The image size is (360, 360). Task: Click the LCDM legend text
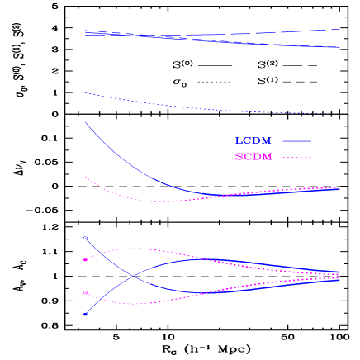pos(253,141)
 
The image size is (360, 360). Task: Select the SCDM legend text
pos(253,157)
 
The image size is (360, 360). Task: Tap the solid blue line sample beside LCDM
pos(296,141)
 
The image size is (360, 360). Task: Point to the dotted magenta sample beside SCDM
pos(296,157)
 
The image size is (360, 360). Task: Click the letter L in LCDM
pos(239,141)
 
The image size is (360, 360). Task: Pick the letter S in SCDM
pos(239,157)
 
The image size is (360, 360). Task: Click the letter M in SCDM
pos(267,157)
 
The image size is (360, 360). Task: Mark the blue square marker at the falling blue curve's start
pos(85,238)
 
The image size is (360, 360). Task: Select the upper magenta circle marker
pos(85,260)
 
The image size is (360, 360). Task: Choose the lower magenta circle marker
pos(85,292)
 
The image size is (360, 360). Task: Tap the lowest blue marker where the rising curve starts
pos(85,315)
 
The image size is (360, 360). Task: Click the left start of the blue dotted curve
pos(85,93)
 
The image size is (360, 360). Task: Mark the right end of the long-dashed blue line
pos(339,29)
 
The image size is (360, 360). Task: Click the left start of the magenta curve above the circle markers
pos(85,176)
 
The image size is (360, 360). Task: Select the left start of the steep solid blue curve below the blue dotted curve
pos(85,123)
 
